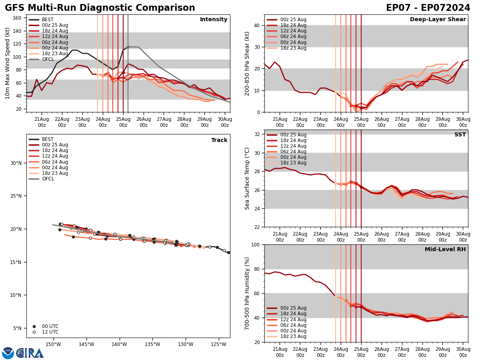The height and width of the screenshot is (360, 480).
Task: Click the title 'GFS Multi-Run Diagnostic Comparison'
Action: [100, 8]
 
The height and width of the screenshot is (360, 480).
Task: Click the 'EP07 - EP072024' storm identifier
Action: [428, 8]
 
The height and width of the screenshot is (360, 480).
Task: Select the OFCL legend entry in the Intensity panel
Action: [48, 59]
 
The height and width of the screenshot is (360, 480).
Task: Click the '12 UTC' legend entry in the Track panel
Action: [50, 332]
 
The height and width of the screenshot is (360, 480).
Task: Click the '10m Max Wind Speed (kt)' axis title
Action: [8, 63]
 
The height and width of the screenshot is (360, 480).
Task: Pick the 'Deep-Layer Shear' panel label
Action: [438, 20]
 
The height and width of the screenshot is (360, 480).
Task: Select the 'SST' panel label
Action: [460, 135]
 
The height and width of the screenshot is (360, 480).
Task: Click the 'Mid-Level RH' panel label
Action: [445, 250]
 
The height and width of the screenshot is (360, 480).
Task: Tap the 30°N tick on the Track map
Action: [16, 163]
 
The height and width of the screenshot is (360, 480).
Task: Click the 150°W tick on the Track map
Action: [53, 344]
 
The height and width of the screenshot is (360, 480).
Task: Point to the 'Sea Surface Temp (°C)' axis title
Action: [247, 178]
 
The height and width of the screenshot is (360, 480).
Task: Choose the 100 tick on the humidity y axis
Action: [254, 244]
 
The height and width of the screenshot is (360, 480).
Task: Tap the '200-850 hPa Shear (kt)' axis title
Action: [247, 63]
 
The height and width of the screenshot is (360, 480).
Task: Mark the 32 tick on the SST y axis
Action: [257, 134]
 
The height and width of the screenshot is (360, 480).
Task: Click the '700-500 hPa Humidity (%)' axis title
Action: [247, 293]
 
